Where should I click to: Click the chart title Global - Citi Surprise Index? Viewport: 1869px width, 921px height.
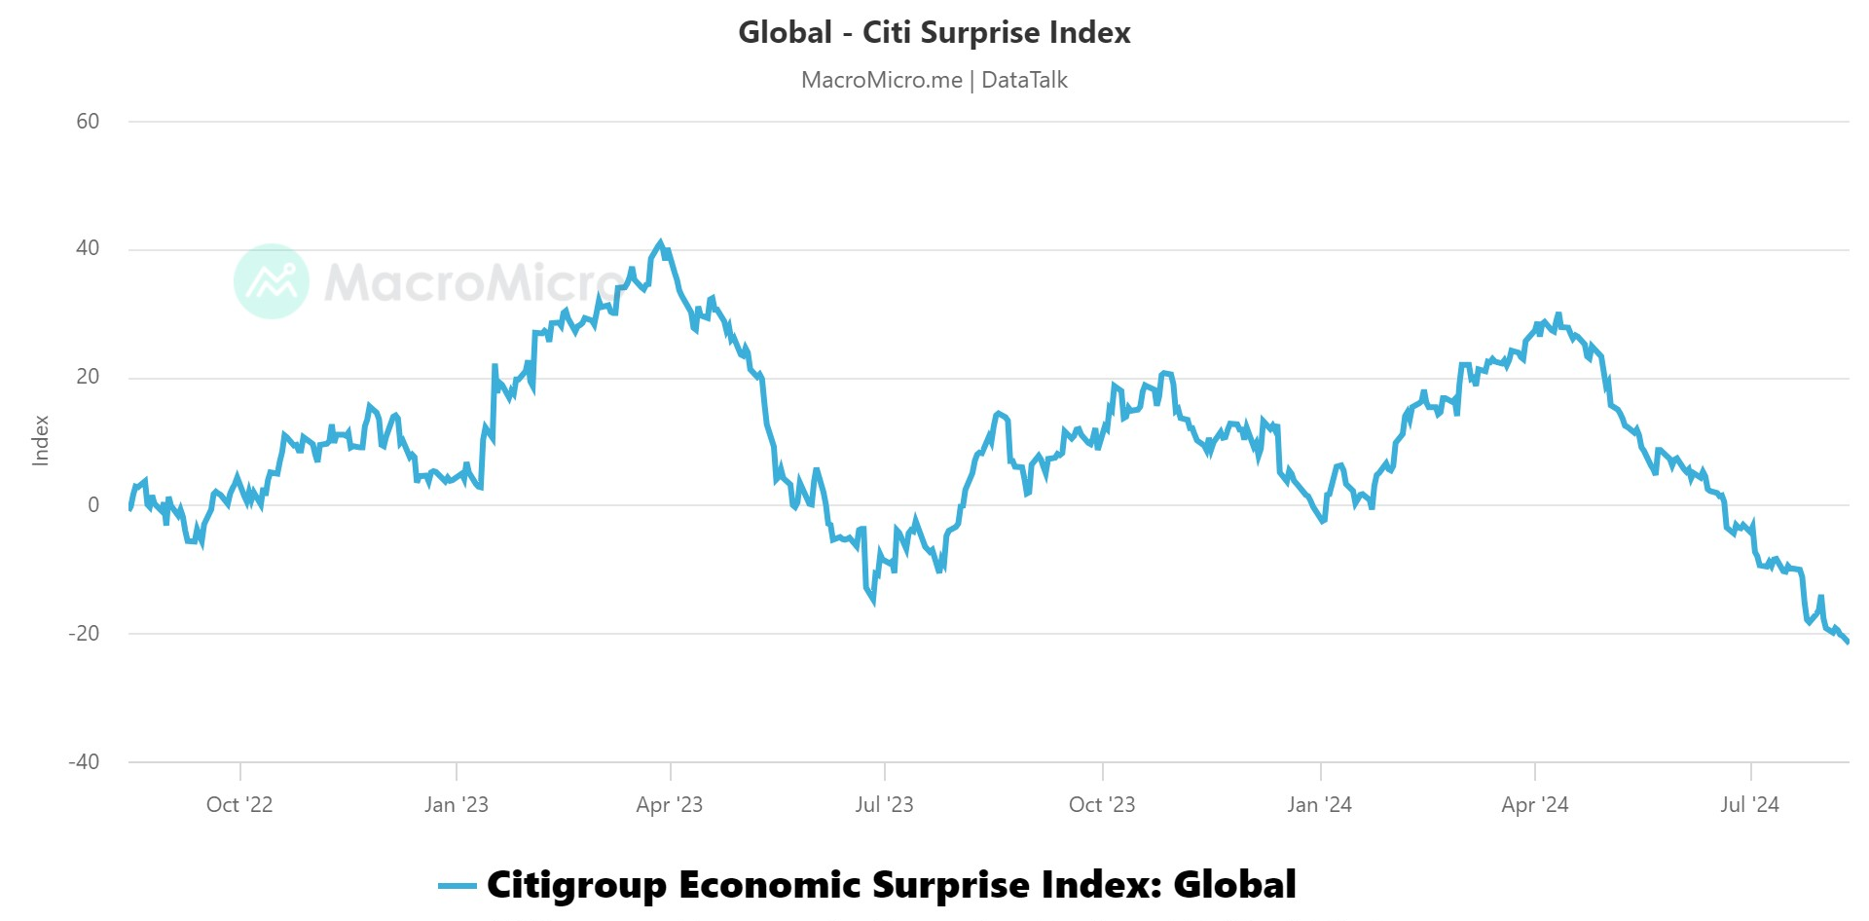coord(934,33)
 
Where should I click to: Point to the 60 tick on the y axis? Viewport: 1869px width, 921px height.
coord(88,122)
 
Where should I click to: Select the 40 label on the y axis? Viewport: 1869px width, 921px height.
coord(88,248)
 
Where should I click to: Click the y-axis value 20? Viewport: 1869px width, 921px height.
coord(88,377)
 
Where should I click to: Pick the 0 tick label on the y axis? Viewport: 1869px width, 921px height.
coord(93,505)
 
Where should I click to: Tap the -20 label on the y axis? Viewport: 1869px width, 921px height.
coord(84,634)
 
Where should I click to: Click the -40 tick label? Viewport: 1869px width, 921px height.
coord(84,762)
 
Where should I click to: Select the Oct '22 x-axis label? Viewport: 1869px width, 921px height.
coord(239,805)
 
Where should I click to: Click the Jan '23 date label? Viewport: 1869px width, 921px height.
coord(457,805)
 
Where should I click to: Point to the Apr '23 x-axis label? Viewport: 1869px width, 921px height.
coord(670,805)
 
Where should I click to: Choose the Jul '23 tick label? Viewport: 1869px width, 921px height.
coord(884,805)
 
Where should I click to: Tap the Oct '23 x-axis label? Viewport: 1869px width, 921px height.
coord(1102,805)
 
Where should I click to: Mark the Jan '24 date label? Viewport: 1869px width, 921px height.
coord(1319,805)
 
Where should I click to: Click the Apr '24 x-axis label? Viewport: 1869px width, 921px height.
coord(1535,805)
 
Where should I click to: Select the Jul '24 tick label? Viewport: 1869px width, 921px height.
coord(1749,805)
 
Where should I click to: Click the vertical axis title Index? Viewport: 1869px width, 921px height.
coord(41,441)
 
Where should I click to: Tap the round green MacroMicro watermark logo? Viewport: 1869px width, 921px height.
coord(272,281)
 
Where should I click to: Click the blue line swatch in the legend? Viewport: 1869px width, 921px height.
coord(457,886)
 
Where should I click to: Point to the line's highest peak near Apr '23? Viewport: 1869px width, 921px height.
coord(661,243)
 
